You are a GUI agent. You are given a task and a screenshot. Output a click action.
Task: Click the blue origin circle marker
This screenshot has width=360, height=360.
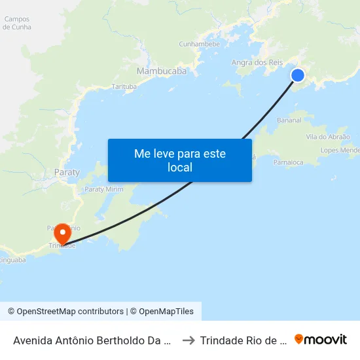pos(298,75)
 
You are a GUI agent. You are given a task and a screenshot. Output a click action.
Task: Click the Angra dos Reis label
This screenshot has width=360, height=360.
pos(257,63)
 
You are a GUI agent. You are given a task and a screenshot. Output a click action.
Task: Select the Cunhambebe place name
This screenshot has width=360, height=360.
pos(200,45)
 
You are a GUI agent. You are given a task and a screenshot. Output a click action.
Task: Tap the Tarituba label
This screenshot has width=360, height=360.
pos(124,86)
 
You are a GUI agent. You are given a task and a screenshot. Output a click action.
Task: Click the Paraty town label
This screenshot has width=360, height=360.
pos(67,173)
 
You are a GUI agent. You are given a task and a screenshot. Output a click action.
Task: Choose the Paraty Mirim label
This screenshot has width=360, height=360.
pos(104,189)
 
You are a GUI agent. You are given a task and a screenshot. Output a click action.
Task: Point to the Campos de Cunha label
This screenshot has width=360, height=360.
pos(16,24)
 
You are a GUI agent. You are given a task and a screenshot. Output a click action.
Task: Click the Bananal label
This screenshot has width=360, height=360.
pos(289,120)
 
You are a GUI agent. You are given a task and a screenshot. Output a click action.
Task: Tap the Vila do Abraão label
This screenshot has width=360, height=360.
pos(328,137)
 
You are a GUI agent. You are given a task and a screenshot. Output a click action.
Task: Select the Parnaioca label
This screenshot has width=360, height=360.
pos(288,162)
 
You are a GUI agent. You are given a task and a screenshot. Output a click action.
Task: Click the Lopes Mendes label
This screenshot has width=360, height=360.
pos(340,151)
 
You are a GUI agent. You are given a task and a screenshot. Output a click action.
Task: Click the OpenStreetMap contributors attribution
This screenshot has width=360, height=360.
pos(65,312)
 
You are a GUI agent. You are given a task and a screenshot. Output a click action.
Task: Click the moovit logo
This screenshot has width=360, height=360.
pos(321,340)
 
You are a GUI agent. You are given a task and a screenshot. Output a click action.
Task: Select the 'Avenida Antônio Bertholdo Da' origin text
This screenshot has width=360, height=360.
pos(92,340)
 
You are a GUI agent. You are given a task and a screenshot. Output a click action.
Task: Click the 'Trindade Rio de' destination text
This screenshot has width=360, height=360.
pos(243,340)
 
